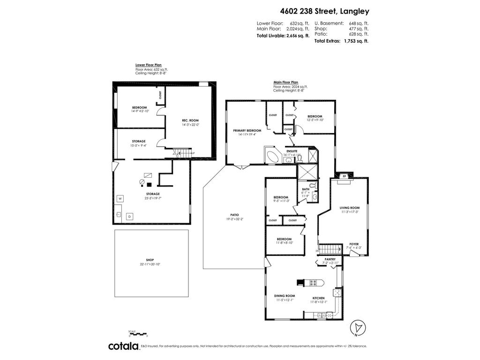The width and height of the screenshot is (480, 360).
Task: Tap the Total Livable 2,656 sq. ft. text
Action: (x=283, y=35)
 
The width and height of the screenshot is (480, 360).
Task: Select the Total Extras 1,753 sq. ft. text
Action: (x=341, y=41)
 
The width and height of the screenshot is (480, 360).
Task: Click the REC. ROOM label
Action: (x=190, y=121)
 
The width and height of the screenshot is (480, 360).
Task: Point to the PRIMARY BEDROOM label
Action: (x=247, y=130)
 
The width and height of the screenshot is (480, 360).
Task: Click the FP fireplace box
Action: (x=345, y=176)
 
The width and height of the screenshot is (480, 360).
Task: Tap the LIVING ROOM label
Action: (x=349, y=208)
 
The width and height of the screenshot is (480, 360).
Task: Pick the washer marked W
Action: (x=120, y=199)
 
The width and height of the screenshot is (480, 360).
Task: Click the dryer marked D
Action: (x=130, y=216)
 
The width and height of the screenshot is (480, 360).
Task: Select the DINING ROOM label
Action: (x=284, y=296)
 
